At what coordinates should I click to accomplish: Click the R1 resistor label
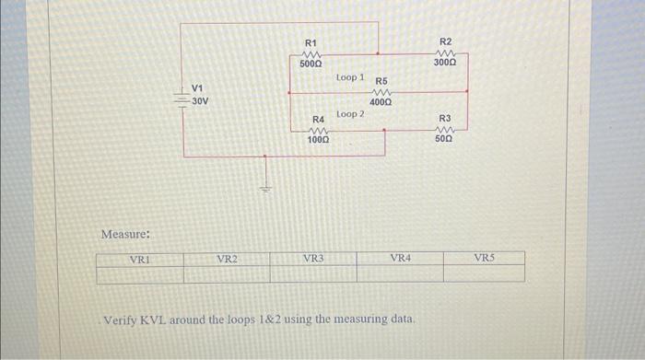click(x=311, y=43)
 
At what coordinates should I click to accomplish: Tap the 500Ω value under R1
click(x=311, y=64)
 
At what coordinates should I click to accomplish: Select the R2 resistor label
click(x=445, y=42)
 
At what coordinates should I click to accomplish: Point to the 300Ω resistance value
click(x=445, y=64)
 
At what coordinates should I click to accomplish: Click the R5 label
click(x=381, y=82)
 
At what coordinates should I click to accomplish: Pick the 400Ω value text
click(x=381, y=102)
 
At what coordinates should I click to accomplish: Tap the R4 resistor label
click(x=319, y=120)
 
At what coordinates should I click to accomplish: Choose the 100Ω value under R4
click(x=319, y=141)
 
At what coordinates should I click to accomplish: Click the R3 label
click(x=445, y=119)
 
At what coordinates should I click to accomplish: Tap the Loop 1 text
click(x=350, y=77)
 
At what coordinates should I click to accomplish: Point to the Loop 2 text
click(x=350, y=114)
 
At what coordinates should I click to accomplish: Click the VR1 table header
click(x=141, y=259)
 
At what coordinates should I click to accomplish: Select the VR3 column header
click(x=313, y=259)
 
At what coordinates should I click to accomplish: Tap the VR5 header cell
click(x=485, y=259)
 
